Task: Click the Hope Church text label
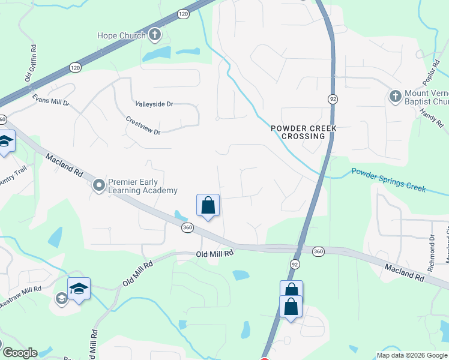coord(121,35)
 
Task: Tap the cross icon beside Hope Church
coord(154,35)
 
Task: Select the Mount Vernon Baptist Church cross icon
coord(396,97)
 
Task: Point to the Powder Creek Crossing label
coord(304,132)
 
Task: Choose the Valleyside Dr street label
coord(154,104)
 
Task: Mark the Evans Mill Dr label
coord(51,100)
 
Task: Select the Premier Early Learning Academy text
coord(142,186)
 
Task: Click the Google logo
coord(19,353)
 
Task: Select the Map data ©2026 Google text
coord(412,355)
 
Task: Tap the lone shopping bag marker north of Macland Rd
coord(208,205)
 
